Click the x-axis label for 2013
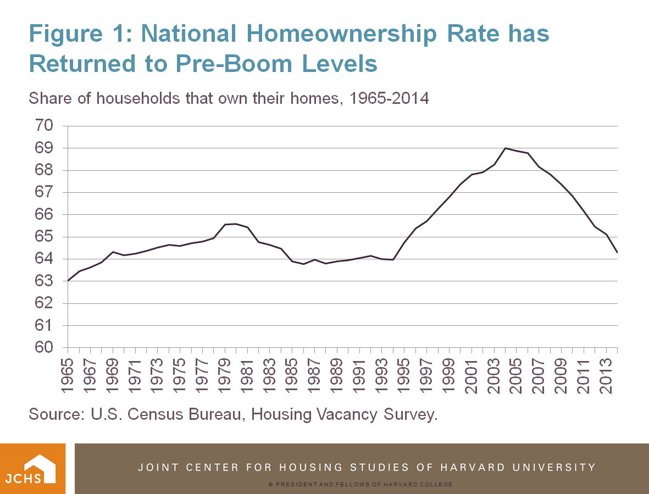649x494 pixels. coord(606,376)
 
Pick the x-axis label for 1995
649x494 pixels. coord(404,376)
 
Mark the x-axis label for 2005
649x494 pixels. coord(517,376)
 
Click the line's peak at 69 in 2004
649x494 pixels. coord(505,148)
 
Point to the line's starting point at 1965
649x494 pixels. coord(68,281)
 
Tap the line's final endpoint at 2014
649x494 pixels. coord(617,252)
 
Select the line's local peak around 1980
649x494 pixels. coord(236,224)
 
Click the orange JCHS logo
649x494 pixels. coord(33,469)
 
